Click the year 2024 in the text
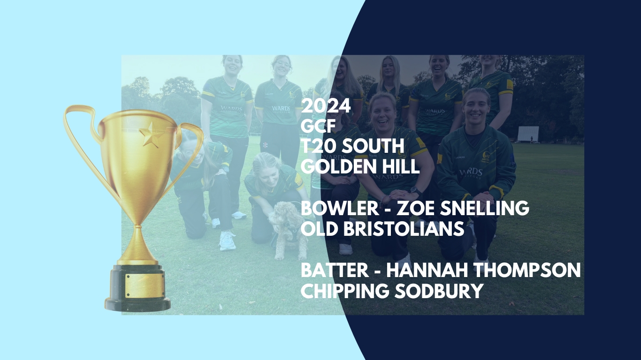coord(326,106)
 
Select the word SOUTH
coord(373,146)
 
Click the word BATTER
coord(335,270)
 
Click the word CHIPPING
coord(345,291)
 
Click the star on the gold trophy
coord(151,134)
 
